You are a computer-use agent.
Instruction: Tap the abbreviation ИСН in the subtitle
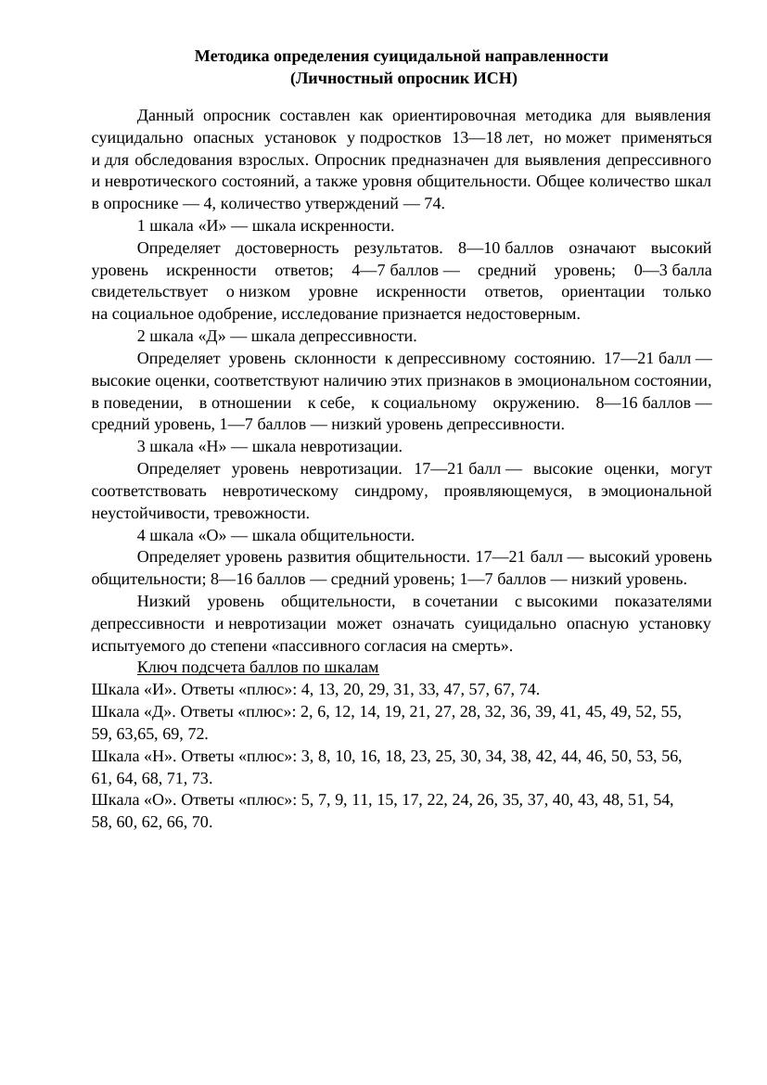click(486, 79)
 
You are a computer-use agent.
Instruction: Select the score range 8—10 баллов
click(501, 249)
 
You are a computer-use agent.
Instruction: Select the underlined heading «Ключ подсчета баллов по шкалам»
click(258, 668)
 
